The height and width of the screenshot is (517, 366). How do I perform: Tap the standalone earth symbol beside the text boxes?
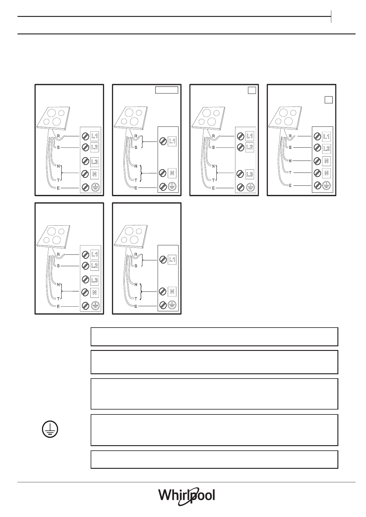point(49,430)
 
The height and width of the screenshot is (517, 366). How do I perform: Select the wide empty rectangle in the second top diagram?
point(166,90)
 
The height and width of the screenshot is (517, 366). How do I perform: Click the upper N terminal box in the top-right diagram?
point(326,161)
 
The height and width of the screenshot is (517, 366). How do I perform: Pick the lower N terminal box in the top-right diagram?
point(326,173)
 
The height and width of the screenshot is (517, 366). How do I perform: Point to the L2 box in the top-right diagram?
point(326,149)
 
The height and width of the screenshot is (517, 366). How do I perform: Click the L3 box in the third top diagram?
point(250,174)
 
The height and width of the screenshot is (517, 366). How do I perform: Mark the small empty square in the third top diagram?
point(252,90)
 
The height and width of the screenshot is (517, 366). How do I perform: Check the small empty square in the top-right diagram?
point(329,100)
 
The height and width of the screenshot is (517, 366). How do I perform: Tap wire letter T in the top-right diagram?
point(290,173)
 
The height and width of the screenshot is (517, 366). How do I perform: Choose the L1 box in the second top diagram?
point(172,141)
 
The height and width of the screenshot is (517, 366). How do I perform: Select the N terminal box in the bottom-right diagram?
point(172,291)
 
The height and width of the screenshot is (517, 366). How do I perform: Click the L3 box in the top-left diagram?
point(95,161)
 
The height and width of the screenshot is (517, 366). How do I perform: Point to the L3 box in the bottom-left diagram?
point(95,280)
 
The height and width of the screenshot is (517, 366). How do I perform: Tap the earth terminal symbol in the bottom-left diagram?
point(96,305)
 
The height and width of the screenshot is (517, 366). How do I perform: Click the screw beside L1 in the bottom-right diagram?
point(163,260)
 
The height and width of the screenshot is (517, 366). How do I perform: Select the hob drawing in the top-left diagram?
point(53,118)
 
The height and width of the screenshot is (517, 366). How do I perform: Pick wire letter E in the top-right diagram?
point(290,185)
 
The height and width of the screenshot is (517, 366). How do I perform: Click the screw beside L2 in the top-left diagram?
point(86,147)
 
